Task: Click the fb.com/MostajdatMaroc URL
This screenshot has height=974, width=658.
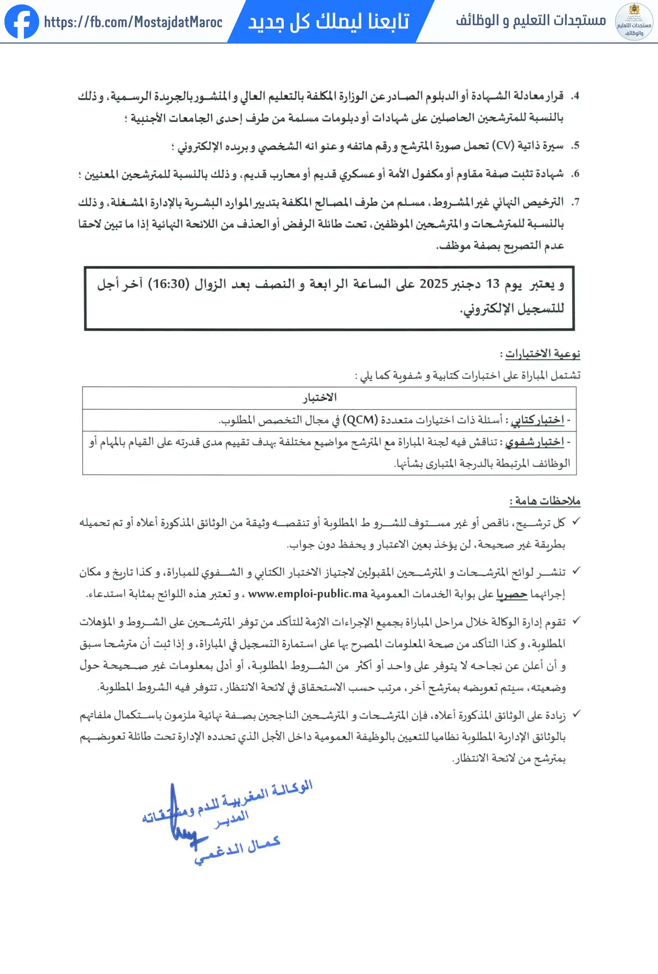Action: pos(133,22)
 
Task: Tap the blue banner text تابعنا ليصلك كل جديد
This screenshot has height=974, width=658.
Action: pos(329,21)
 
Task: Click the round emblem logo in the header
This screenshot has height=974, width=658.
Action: pos(634,21)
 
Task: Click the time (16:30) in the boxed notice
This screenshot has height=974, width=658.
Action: pos(169,284)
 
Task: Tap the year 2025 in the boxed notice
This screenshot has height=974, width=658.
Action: pos(434,284)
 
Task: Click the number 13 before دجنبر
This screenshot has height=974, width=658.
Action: pos(493,284)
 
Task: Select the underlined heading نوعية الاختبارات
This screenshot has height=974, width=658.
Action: pos(542,354)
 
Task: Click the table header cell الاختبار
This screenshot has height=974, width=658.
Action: pos(320,397)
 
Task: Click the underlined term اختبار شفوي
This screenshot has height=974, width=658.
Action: pos(534,442)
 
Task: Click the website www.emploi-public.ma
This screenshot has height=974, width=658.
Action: pos(308,594)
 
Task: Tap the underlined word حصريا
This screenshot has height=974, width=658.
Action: pos(512,594)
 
